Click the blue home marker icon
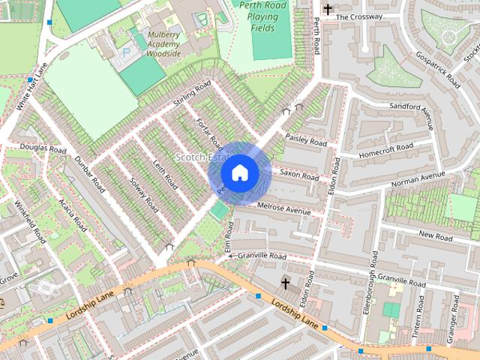point(239,172)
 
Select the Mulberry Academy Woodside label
point(154,44)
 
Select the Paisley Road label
point(306,139)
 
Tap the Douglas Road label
point(43,148)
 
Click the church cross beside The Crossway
point(327,10)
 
